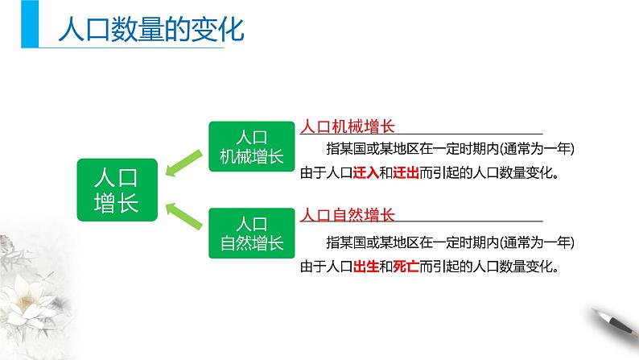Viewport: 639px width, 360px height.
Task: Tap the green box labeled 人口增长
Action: click(117, 190)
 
